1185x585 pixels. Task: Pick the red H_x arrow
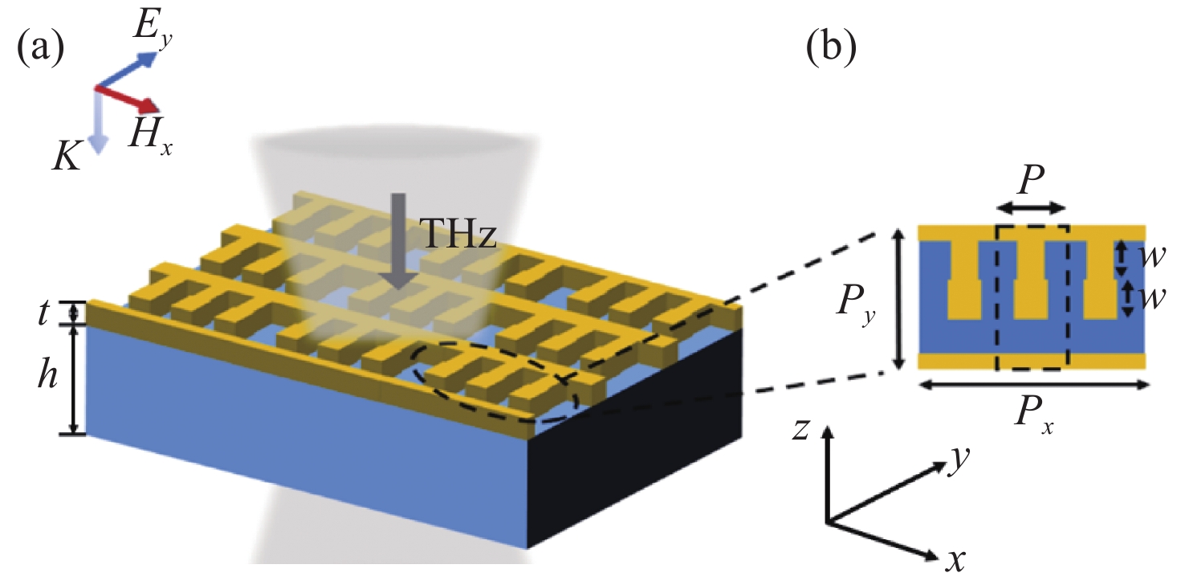pyautogui.click(x=128, y=97)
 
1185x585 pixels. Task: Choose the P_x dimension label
pyautogui.click(x=1036, y=416)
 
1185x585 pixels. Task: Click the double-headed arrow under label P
pyautogui.click(x=1032, y=207)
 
